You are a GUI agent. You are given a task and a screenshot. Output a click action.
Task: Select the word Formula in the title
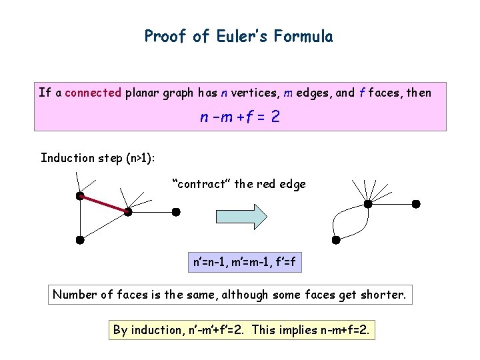[x=307, y=36]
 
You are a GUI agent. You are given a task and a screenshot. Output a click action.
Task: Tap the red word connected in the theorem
[x=93, y=93]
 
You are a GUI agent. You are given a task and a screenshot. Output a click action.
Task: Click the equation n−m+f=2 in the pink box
[x=240, y=118]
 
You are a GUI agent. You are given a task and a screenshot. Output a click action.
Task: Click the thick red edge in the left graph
[x=103, y=203]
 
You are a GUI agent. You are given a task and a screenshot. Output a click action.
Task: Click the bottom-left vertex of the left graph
[x=79, y=239]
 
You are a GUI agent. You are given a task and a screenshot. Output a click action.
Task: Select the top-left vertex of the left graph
[x=79, y=196]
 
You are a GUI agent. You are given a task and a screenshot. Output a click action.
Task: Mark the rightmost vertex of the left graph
[x=176, y=212]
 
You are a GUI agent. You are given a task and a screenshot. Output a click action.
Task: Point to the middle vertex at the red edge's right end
[x=128, y=212]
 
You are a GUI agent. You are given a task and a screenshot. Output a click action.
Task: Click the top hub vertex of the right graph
[x=367, y=203]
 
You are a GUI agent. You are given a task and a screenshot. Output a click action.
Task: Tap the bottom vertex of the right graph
[x=336, y=239]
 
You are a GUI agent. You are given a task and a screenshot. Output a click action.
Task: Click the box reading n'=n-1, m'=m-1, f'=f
[x=244, y=263]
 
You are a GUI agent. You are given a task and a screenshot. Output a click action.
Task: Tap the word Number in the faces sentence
[x=75, y=295]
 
